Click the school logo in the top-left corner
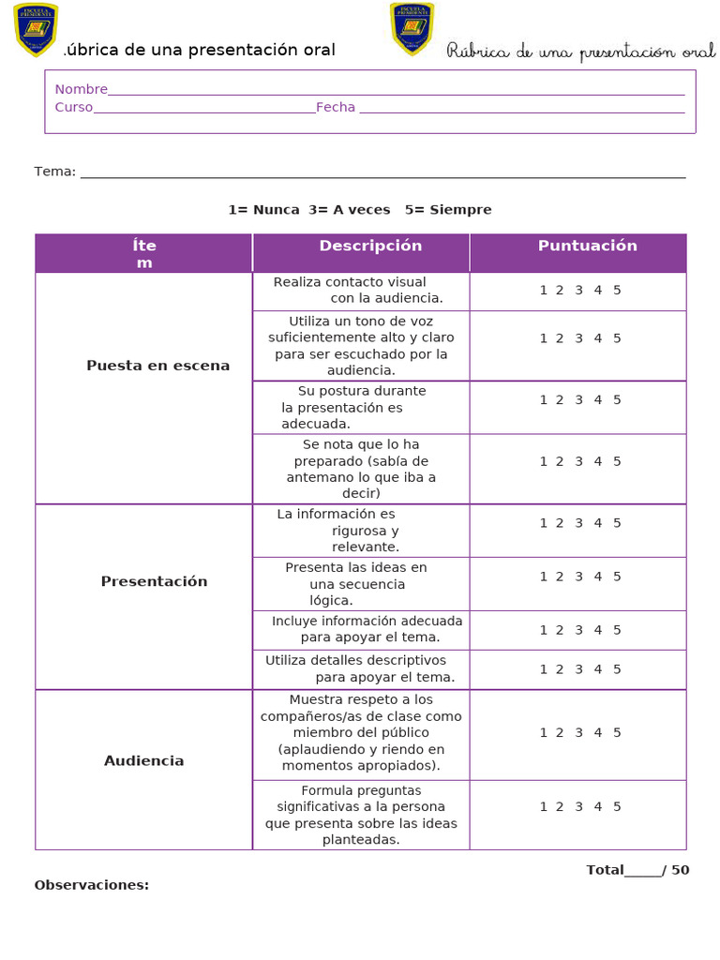coord(36,29)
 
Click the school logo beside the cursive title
coord(412,28)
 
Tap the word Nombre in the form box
coord(81,90)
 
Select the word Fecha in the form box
coord(336,108)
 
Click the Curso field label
coord(73,108)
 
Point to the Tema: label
coord(54,172)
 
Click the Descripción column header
coord(370,246)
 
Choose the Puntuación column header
coord(587,246)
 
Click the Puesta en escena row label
coord(157,366)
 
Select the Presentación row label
coord(154,581)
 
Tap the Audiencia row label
coord(143,761)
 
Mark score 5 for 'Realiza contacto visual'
coord(617,291)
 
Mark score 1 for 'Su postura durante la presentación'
coord(543,400)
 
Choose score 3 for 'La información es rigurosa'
coord(578,524)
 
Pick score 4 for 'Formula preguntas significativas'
coord(597,807)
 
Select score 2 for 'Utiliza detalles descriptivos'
coord(559,669)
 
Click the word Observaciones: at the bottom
coord(91,885)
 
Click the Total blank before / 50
coord(643,871)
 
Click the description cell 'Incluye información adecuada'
coord(360,629)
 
